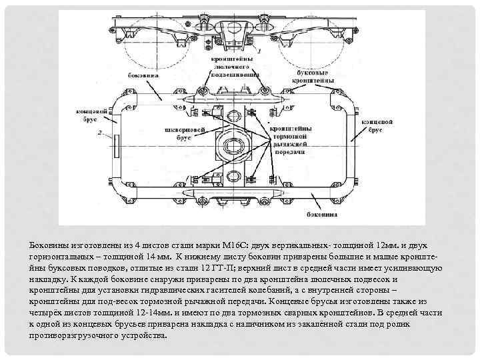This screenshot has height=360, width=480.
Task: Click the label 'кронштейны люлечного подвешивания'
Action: tap(232, 67)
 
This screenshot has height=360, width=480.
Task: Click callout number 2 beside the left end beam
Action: tap(99, 133)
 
